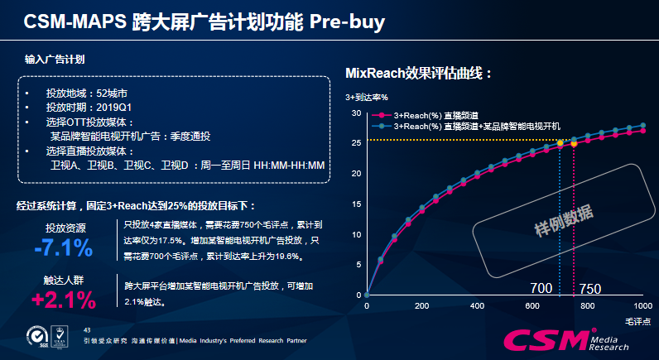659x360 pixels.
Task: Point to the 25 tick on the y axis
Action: (x=356, y=143)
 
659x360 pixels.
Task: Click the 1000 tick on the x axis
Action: (x=642, y=306)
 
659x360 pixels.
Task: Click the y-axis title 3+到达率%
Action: (x=367, y=98)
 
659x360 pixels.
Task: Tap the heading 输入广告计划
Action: (x=55, y=60)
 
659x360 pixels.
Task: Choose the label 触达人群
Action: (x=65, y=281)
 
